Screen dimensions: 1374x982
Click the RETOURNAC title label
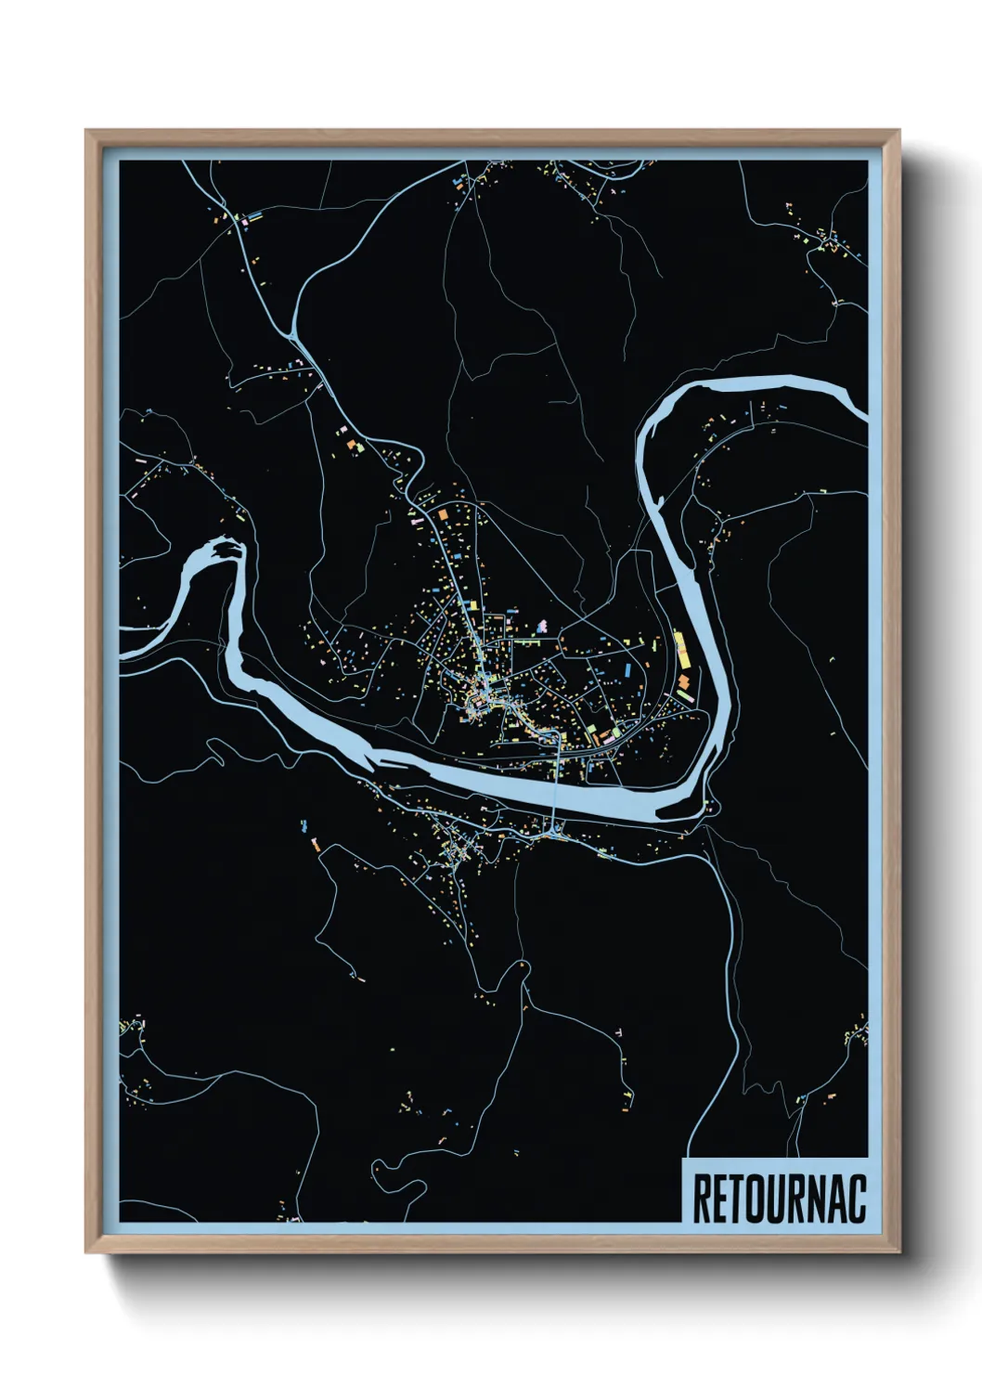pyautogui.click(x=778, y=1199)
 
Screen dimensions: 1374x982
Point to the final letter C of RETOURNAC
pyautogui.click(x=855, y=1199)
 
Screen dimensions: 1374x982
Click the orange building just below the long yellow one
pyautogui.click(x=684, y=687)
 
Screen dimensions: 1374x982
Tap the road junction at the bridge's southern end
pyautogui.click(x=554, y=829)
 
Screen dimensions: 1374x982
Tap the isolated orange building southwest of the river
pyautogui.click(x=316, y=844)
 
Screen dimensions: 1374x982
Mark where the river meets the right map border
pyautogui.click(x=863, y=408)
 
